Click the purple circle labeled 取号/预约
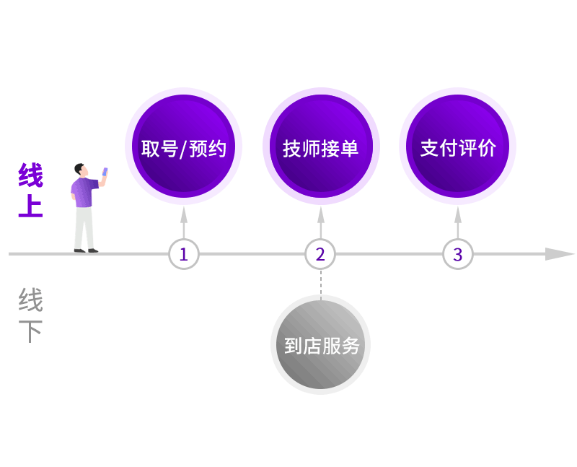183,147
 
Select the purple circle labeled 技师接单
321,147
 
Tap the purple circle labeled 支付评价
457,147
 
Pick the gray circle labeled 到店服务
320,345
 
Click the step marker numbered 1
184,254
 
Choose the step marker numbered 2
320,254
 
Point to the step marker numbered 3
457,254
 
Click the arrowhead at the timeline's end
560,254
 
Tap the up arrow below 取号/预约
184,222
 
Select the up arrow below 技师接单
321,222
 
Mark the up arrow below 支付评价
458,222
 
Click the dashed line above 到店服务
321,284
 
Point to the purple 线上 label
30,190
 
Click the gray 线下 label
30,315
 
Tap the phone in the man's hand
105,172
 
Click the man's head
81,170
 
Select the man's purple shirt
84,193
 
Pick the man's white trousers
84,228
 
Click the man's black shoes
86,250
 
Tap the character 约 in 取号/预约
217,149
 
